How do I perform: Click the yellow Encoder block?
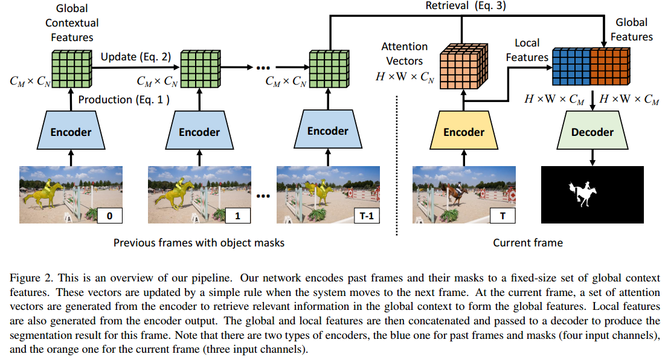tap(464, 132)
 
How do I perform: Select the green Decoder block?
tap(592, 132)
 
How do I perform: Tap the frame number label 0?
tap(109, 215)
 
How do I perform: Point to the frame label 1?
tap(237, 215)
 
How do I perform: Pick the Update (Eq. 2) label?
tap(135, 57)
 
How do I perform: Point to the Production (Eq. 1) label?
tap(123, 100)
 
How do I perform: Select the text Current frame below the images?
tap(527, 243)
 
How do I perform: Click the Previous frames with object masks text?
tap(199, 243)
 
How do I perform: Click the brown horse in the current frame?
tap(457, 193)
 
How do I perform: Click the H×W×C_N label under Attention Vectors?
tap(403, 77)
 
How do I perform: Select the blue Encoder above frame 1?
tap(199, 132)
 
